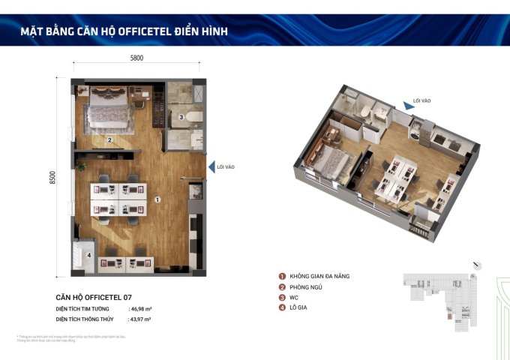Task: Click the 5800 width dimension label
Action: (x=136, y=57)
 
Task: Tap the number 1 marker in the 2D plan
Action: (x=157, y=200)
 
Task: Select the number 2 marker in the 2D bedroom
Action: (x=109, y=139)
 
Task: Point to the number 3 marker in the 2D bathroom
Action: (x=181, y=117)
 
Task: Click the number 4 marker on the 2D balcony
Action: (x=88, y=255)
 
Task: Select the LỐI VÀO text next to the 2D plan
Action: (x=226, y=167)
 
